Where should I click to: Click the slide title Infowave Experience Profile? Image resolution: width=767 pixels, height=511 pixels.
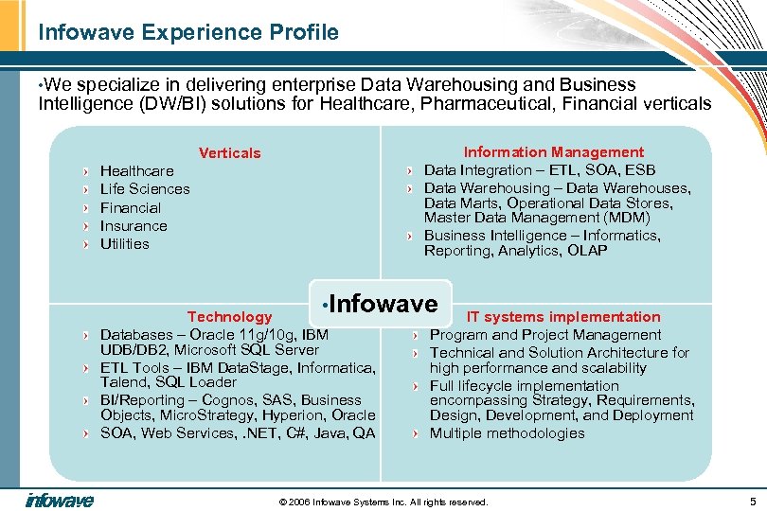point(187,33)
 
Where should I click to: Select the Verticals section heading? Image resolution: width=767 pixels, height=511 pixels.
point(229,153)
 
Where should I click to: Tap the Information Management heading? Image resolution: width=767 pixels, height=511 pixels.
point(553,152)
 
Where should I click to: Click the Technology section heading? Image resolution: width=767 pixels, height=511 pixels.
point(229,317)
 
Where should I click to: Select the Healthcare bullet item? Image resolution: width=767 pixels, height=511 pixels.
point(137,171)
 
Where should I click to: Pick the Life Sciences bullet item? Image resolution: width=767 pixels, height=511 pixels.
point(145,189)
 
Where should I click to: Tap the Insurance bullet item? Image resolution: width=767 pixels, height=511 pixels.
point(134,226)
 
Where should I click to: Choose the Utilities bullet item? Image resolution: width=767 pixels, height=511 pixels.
point(125,244)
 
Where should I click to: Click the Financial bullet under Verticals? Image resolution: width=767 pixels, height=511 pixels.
point(131,208)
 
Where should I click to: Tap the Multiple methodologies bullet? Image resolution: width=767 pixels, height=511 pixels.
point(507,433)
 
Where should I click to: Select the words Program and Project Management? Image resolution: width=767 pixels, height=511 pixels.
point(545,335)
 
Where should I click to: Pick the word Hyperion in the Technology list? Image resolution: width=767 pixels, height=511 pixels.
point(288,415)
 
